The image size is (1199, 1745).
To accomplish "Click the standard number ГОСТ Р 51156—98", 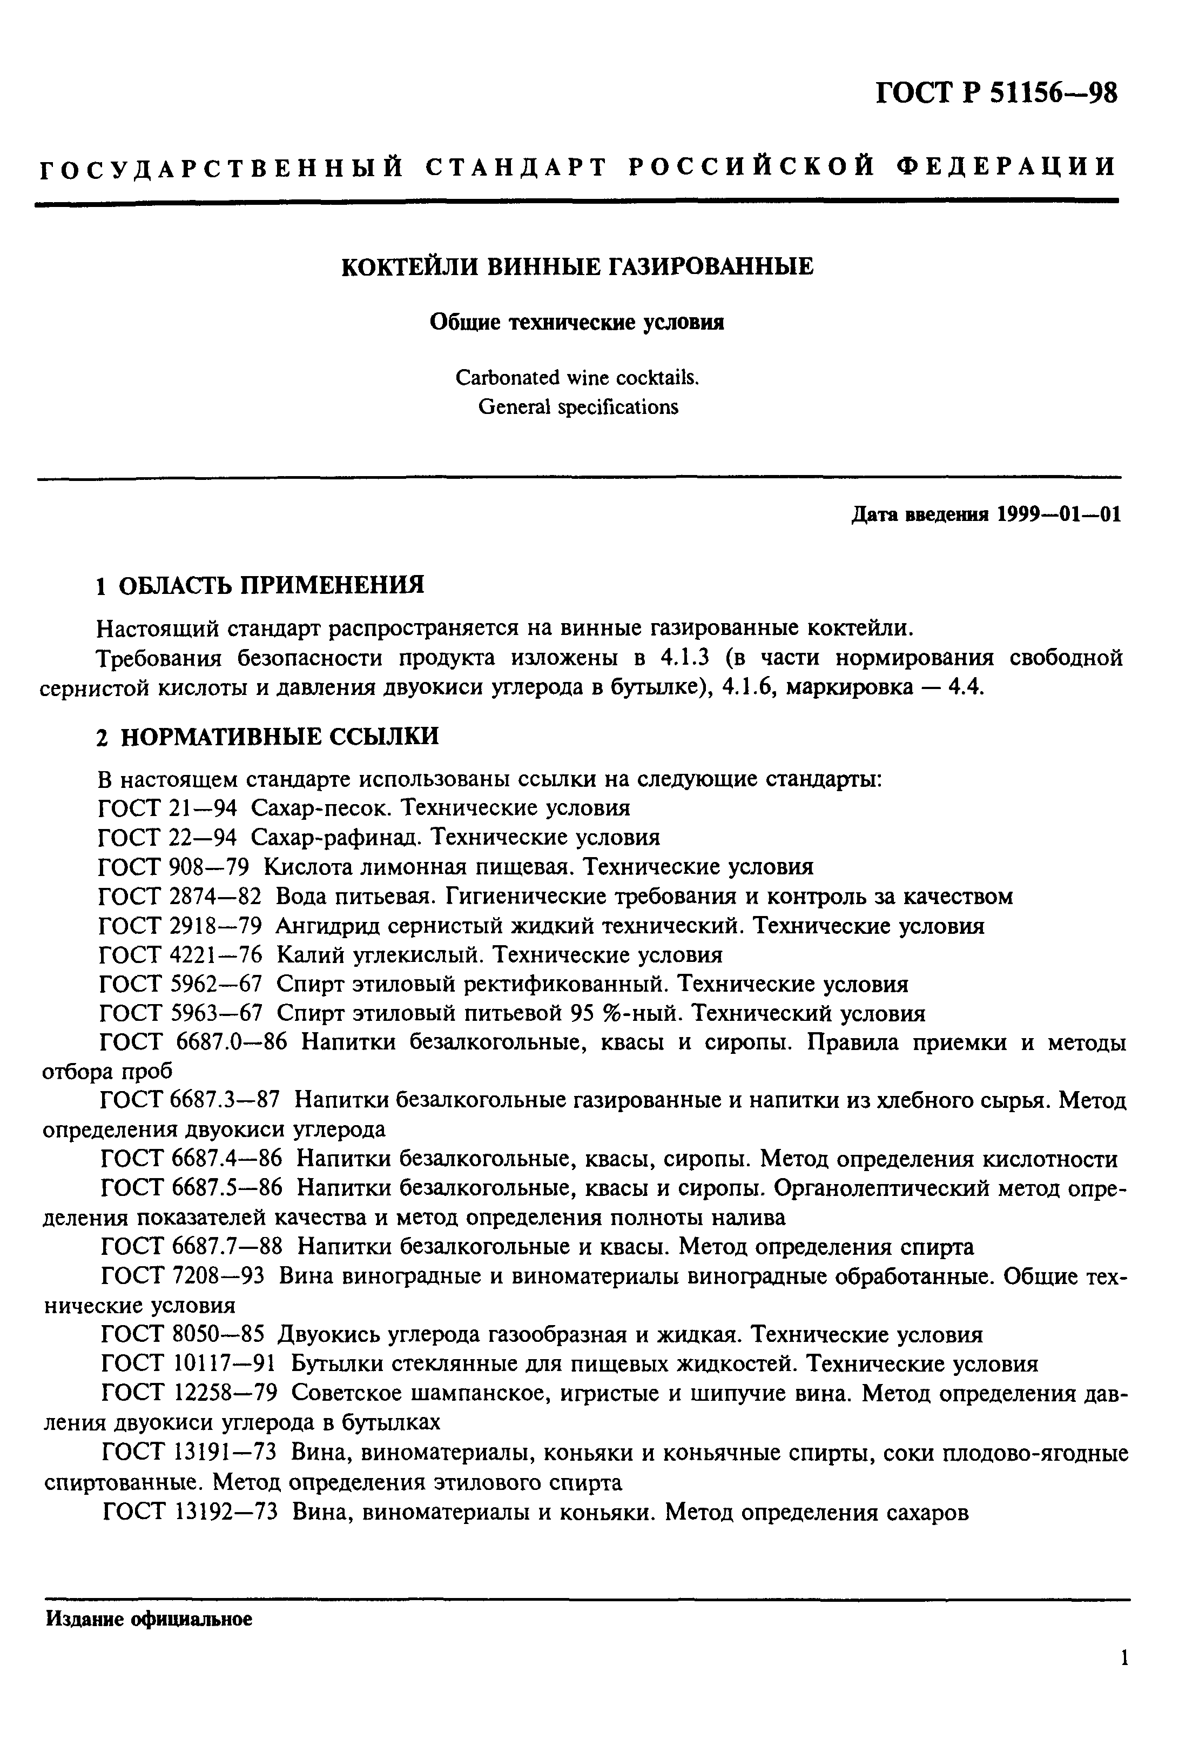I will pyautogui.click(x=997, y=93).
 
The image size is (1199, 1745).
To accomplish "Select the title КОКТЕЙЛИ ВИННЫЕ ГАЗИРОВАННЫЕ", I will pyautogui.click(x=577, y=267).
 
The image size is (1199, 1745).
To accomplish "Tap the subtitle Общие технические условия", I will pyautogui.click(x=577, y=323).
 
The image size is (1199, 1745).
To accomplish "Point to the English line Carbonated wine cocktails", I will pyautogui.click(x=577, y=377).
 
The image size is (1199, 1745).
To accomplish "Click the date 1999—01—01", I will pyautogui.click(x=1059, y=515).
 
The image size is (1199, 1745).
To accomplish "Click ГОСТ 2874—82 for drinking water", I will pyautogui.click(x=180, y=897).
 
